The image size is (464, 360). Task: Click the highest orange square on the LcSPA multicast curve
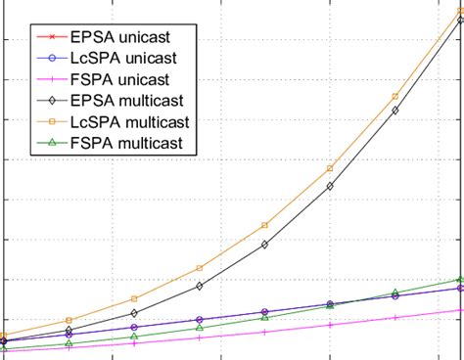click(x=460, y=11)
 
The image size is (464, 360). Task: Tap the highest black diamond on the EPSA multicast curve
click(x=460, y=20)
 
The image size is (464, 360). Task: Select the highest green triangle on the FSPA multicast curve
click(x=460, y=279)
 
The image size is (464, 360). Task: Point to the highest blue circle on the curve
click(x=460, y=288)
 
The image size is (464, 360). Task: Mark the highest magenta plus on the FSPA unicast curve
click(x=460, y=310)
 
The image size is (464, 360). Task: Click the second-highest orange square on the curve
click(x=394, y=96)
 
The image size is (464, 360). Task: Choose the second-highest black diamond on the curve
click(x=394, y=111)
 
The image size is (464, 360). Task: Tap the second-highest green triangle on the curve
click(x=394, y=292)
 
